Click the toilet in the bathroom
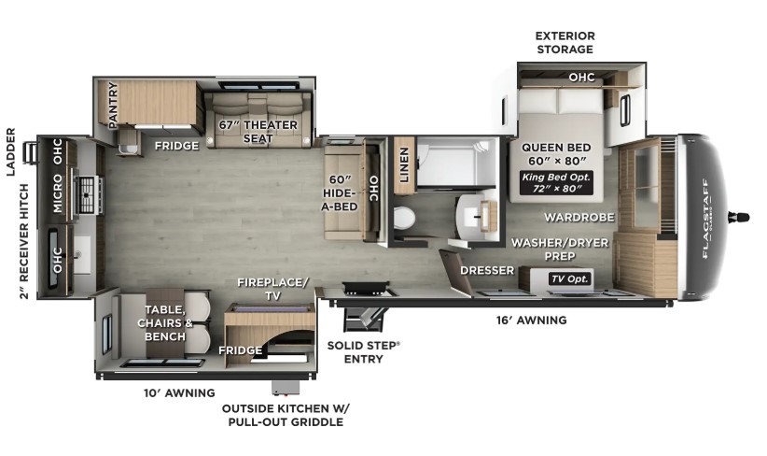(404, 218)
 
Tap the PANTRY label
(113, 106)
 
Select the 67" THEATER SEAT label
(258, 132)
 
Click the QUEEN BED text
(556, 147)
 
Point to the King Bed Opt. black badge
(556, 183)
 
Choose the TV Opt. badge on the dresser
(570, 279)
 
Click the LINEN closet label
(404, 164)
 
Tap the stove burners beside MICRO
(87, 195)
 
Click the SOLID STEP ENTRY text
(364, 352)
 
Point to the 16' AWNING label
(532, 321)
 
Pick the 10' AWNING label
(179, 392)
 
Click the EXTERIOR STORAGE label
(565, 43)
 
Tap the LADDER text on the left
(11, 151)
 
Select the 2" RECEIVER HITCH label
(24, 241)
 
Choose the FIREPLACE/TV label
(273, 289)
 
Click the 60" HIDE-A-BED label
(340, 193)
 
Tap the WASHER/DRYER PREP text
(560, 249)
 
